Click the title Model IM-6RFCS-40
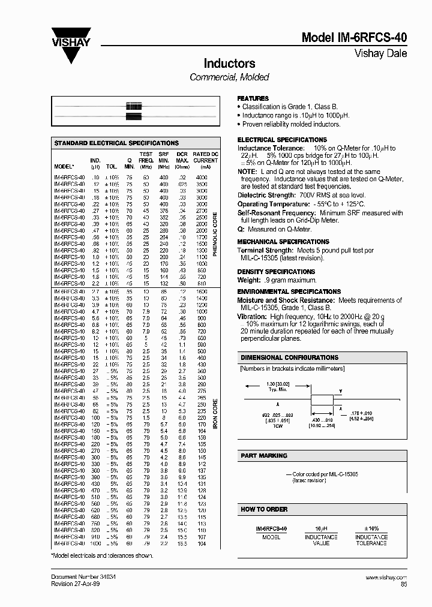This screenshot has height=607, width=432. (354, 37)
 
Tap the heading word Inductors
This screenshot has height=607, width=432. (229, 64)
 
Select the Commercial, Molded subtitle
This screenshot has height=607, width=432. (229, 77)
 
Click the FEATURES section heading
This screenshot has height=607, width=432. (253, 98)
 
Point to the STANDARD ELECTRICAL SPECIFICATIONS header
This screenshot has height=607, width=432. (116, 143)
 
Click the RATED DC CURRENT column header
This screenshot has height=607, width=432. (205, 158)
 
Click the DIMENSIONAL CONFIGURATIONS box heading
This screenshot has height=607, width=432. (289, 357)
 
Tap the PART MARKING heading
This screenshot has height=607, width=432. (263, 456)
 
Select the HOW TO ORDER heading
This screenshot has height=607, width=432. (264, 509)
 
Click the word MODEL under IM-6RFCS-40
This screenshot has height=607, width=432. (271, 537)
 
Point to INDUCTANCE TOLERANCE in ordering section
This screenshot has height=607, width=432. (371, 540)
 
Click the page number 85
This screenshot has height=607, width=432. (403, 584)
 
